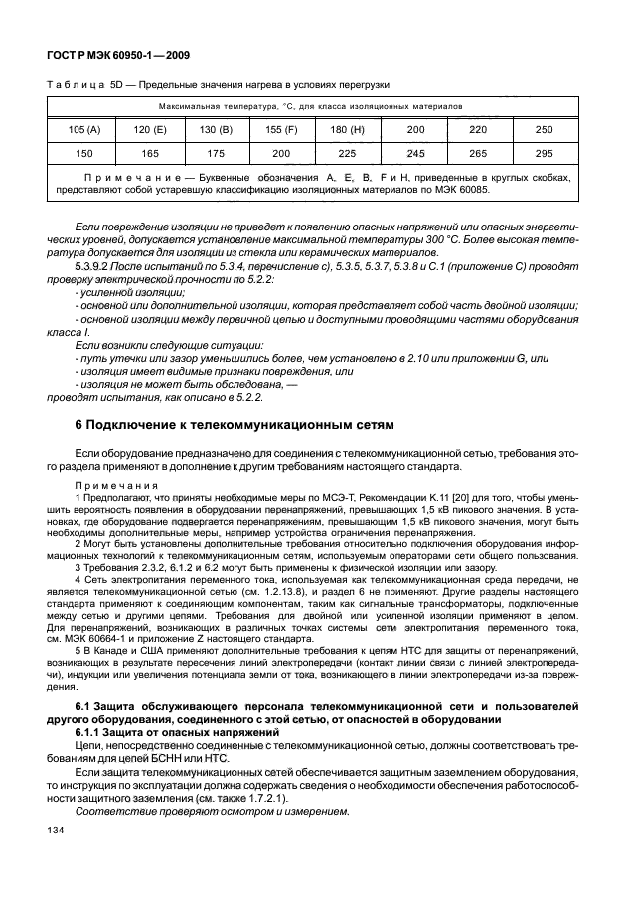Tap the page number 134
[57, 856]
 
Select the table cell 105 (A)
[84, 129]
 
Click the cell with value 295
[543, 154]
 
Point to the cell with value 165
[150, 154]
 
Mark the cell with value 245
[414, 154]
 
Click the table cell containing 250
[543, 129]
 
